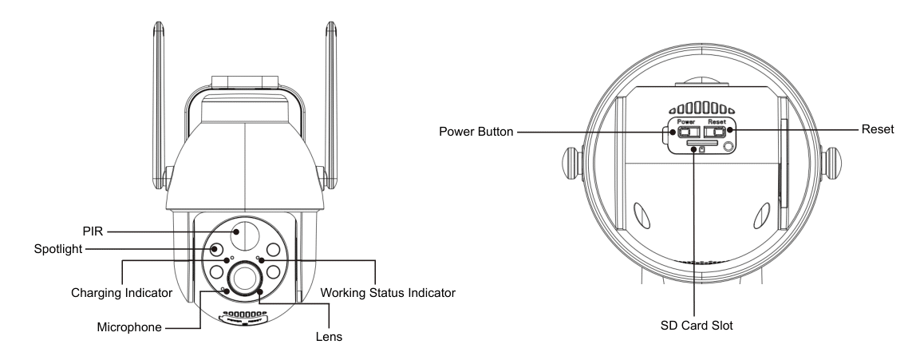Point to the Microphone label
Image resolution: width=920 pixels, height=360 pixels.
132,327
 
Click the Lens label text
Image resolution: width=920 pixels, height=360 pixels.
328,338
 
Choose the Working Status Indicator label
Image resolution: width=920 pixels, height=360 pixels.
387,293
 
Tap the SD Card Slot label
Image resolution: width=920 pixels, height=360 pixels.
695,326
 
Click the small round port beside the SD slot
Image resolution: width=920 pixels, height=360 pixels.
728,146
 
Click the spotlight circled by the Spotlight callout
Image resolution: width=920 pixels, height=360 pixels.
215,249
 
